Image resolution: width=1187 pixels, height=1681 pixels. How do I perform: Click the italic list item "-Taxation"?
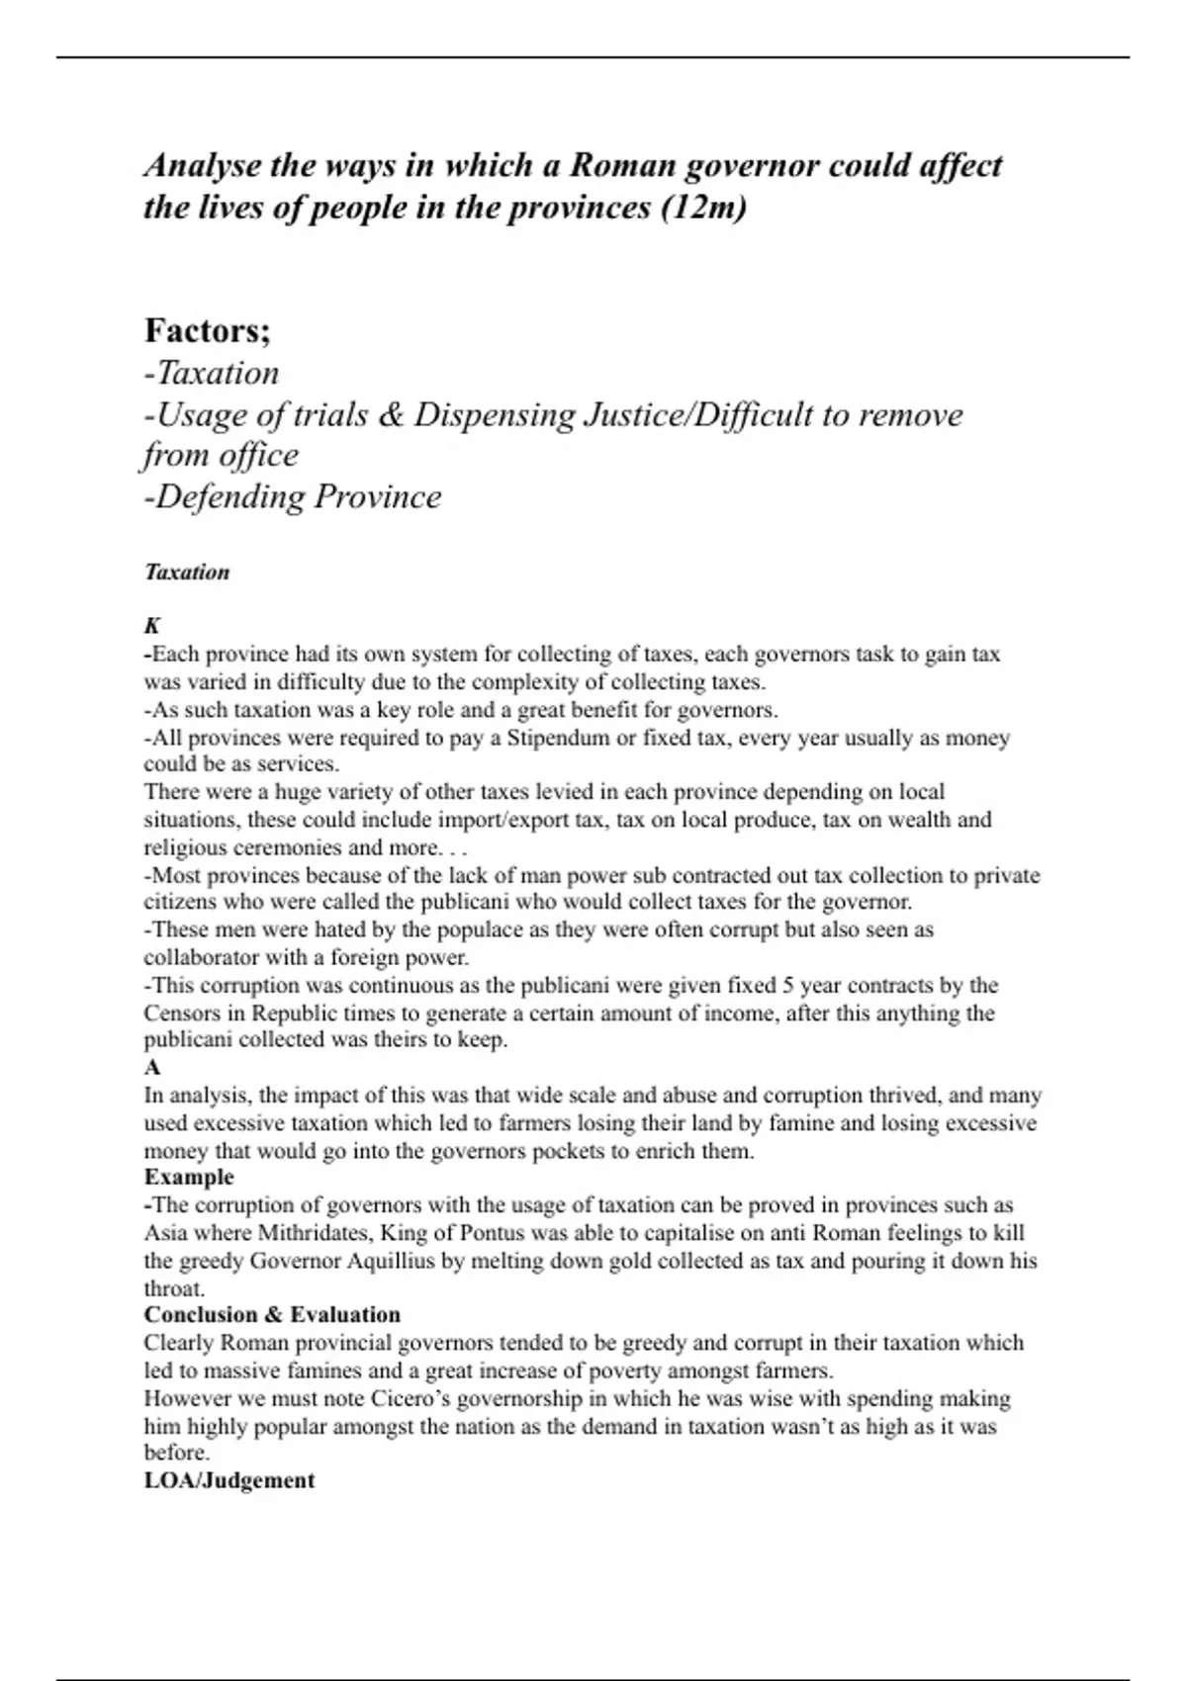(212, 373)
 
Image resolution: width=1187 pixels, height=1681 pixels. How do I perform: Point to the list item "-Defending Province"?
(293, 496)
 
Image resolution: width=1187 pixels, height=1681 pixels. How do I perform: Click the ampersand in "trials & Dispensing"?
(392, 415)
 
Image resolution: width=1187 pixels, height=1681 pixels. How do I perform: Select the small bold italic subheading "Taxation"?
(187, 573)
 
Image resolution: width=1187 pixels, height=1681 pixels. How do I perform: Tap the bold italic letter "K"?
(152, 626)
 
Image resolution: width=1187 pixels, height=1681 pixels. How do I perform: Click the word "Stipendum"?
(553, 738)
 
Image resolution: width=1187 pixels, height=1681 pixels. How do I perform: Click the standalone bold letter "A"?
(152, 1068)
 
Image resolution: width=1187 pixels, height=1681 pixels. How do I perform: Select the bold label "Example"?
(189, 1177)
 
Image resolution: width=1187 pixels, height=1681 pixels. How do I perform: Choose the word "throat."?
(174, 1288)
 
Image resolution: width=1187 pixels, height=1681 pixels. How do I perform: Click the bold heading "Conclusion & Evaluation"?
(272, 1315)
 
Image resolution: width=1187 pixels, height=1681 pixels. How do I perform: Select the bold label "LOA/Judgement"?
(229, 1480)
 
